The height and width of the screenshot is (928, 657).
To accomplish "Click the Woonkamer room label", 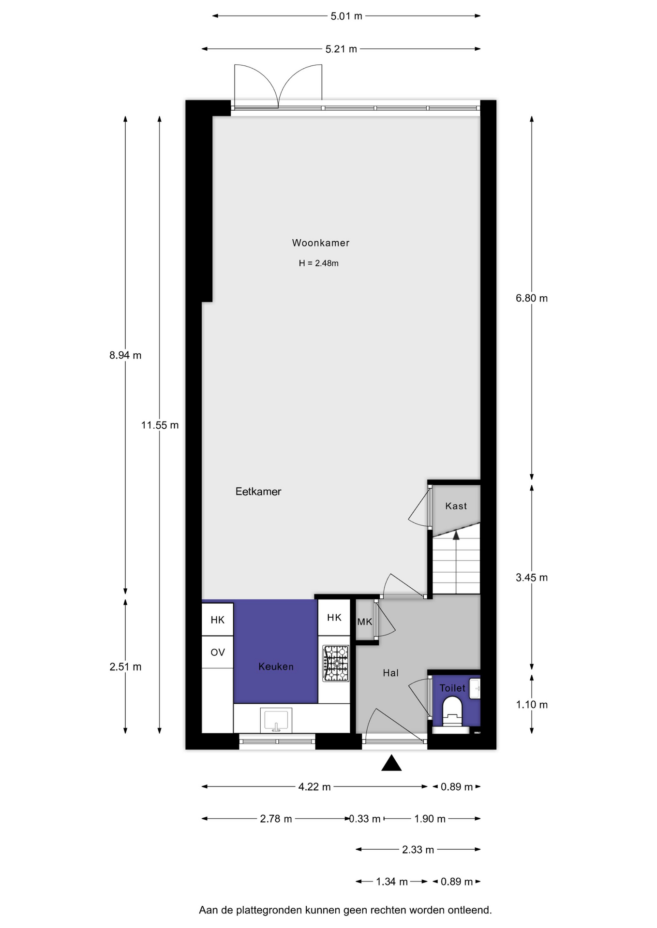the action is tap(320, 243).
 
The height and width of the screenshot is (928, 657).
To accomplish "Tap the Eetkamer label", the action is tap(258, 491).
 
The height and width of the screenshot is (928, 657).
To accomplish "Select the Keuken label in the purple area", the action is tap(276, 667).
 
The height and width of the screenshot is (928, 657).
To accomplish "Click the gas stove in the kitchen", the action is tap(336, 664).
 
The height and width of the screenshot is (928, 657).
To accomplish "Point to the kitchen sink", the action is tap(276, 720).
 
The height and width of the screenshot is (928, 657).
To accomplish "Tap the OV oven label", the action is tap(218, 652).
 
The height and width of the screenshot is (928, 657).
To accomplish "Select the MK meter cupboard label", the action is tap(364, 622).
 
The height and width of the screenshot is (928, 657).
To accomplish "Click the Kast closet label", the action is tap(456, 506).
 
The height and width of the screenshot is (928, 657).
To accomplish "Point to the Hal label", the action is tap(390, 672).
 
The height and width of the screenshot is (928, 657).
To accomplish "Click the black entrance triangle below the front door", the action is tap(391, 763).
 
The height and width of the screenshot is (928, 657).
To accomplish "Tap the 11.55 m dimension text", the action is tap(160, 425).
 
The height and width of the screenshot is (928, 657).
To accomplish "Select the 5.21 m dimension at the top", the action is tap(341, 49).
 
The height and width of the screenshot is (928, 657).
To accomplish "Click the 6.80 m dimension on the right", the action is tap(531, 298).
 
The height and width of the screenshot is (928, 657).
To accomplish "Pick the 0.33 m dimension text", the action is tap(365, 819).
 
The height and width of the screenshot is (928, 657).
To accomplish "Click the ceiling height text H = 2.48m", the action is tap(318, 263).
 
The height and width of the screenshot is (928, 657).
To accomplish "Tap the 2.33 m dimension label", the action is tap(418, 850).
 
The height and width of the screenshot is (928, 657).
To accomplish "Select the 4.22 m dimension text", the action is tap(314, 787).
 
